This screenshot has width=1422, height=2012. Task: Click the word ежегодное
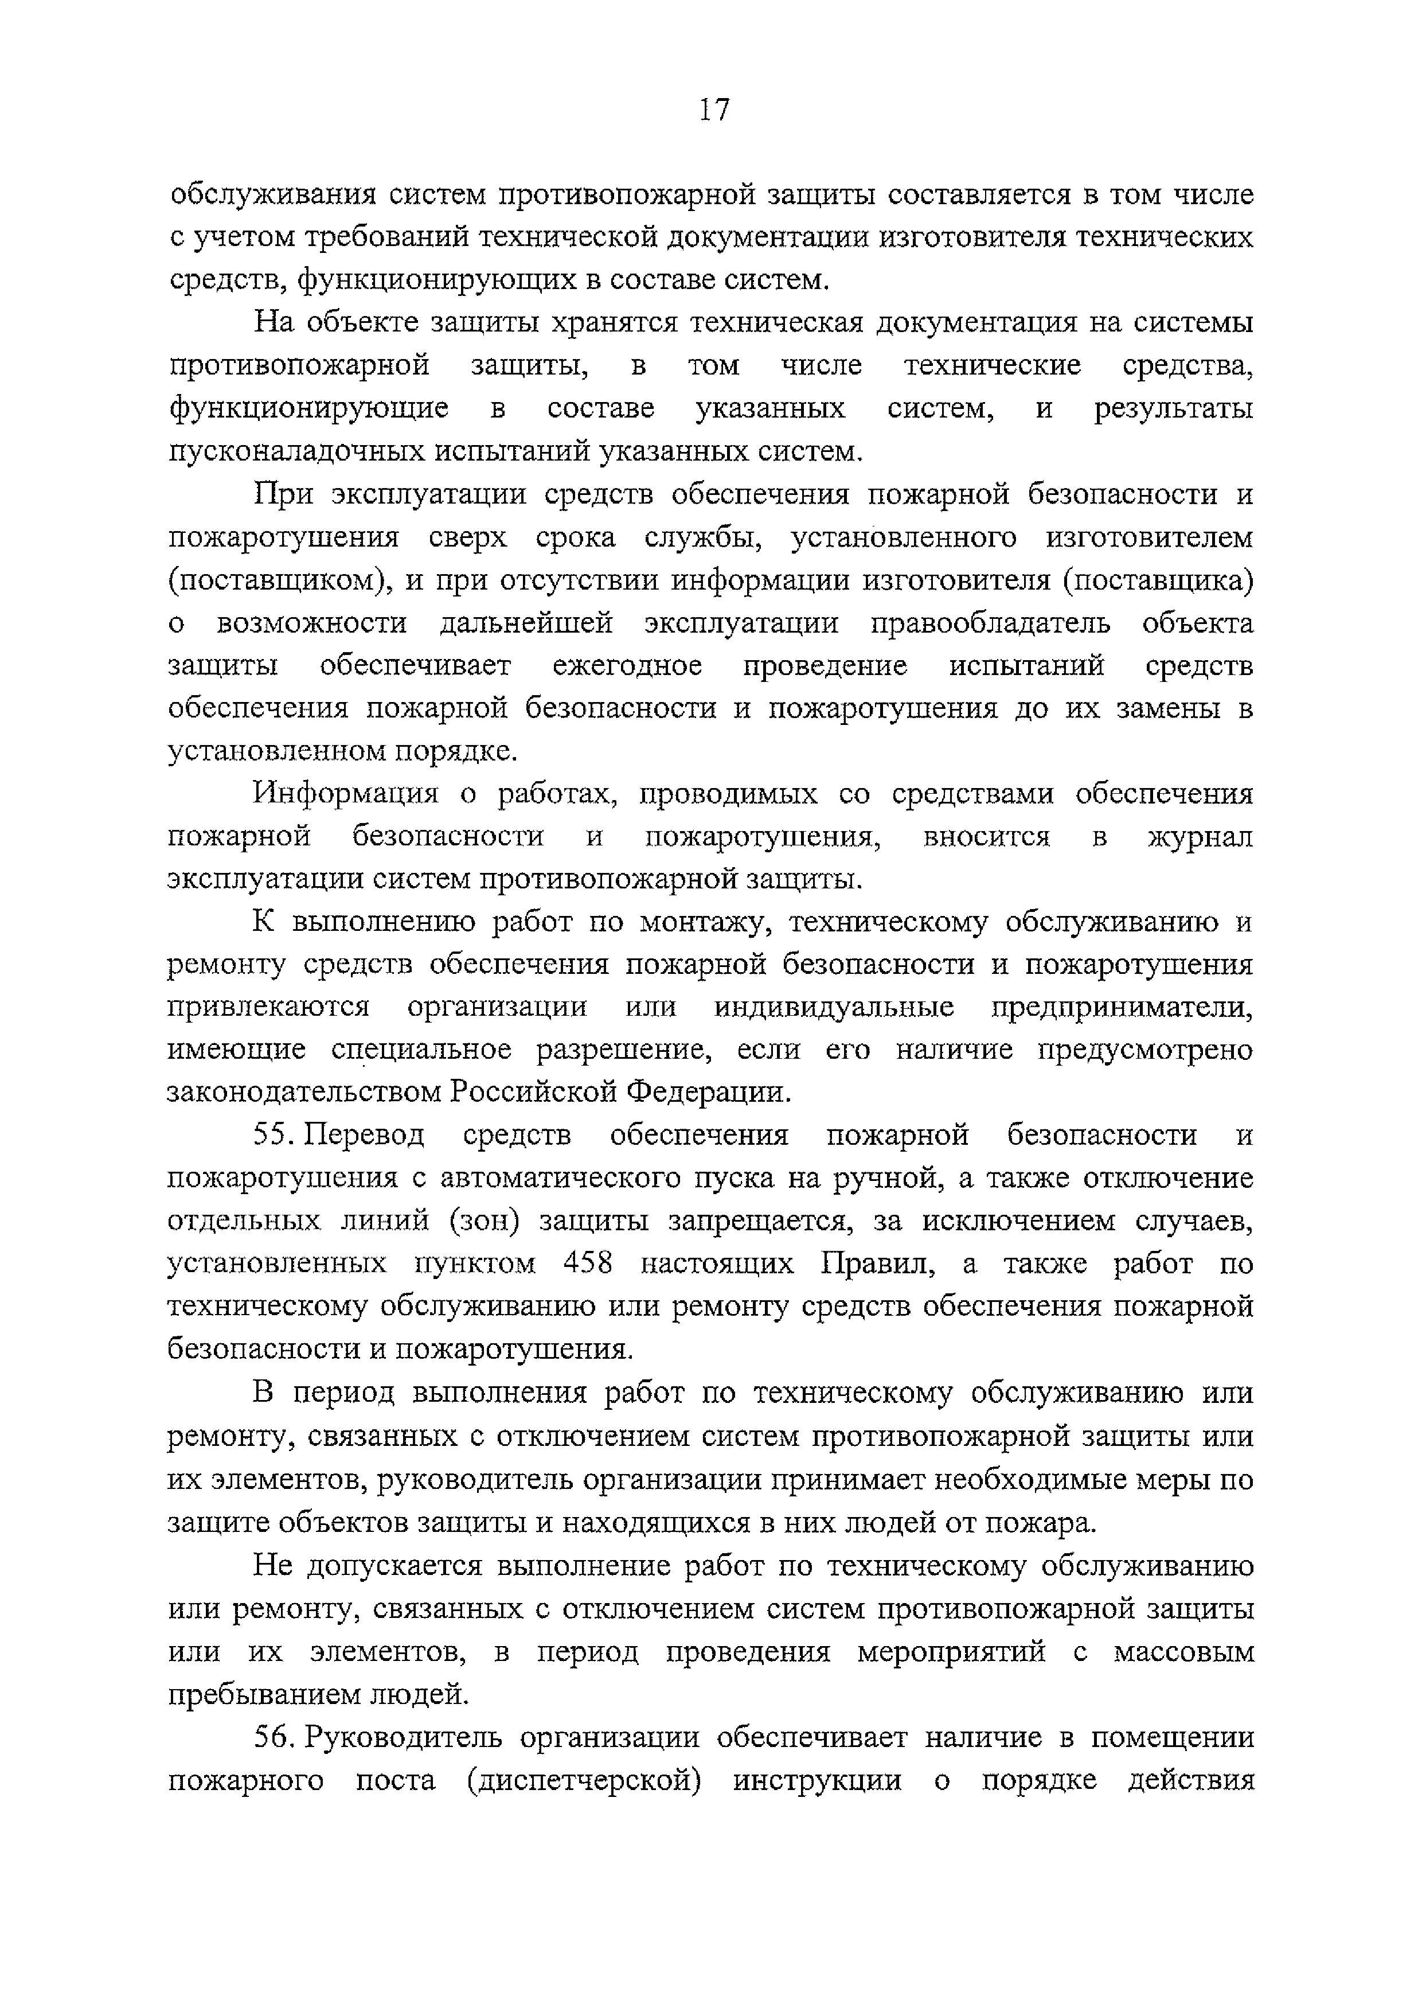coord(627,666)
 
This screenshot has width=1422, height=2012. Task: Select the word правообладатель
coord(991,623)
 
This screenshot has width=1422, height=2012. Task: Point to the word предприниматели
coord(1122,1008)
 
